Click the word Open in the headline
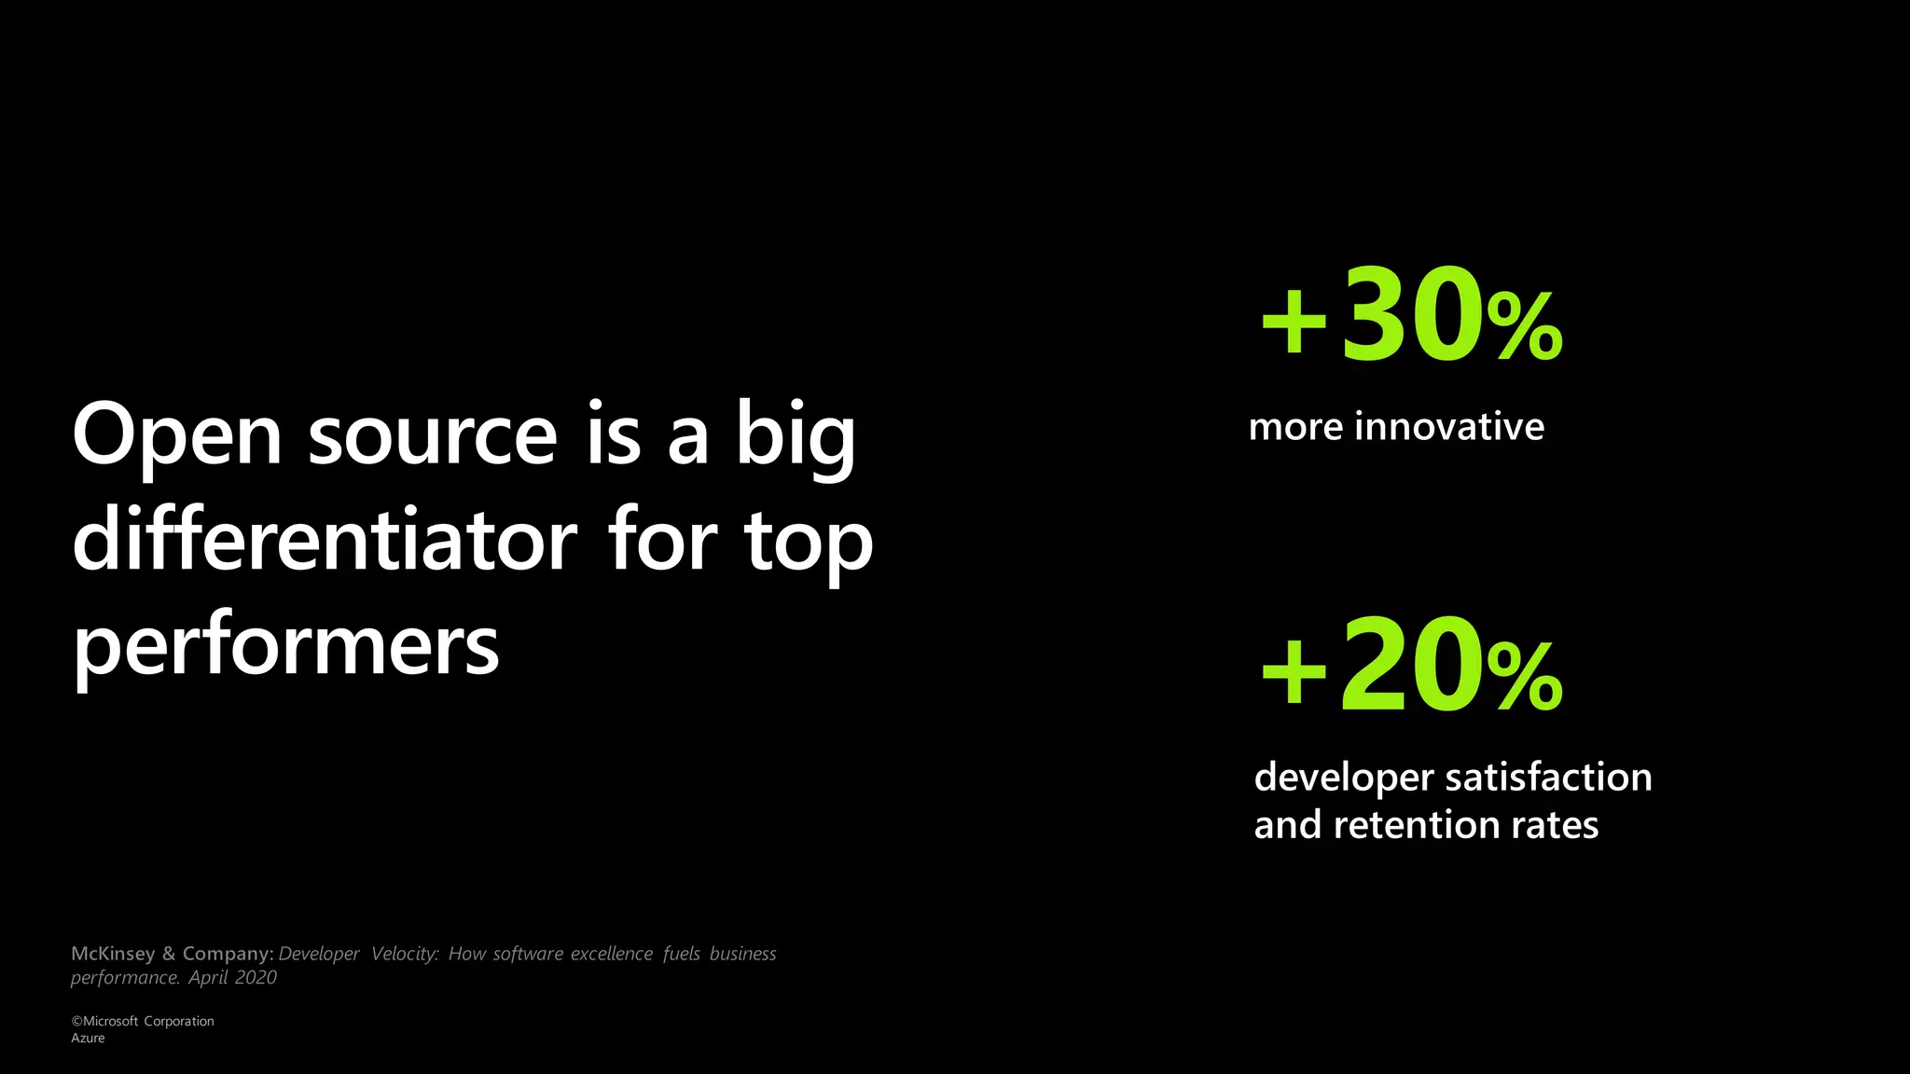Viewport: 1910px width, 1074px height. tap(177, 436)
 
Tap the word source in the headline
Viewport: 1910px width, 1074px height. tap(433, 436)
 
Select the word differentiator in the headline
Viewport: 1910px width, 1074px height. tap(325, 542)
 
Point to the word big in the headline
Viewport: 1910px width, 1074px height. tap(796, 436)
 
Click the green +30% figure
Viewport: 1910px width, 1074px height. tap(1411, 318)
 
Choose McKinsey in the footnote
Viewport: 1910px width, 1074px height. tap(113, 954)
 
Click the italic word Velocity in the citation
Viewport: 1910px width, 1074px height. tap(404, 954)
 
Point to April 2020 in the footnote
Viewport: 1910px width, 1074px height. tap(232, 978)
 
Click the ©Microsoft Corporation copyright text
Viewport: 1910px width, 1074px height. tap(143, 1021)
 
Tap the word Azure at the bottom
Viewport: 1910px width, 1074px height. tap(88, 1038)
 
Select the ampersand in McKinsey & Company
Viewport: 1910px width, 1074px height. tap(169, 954)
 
